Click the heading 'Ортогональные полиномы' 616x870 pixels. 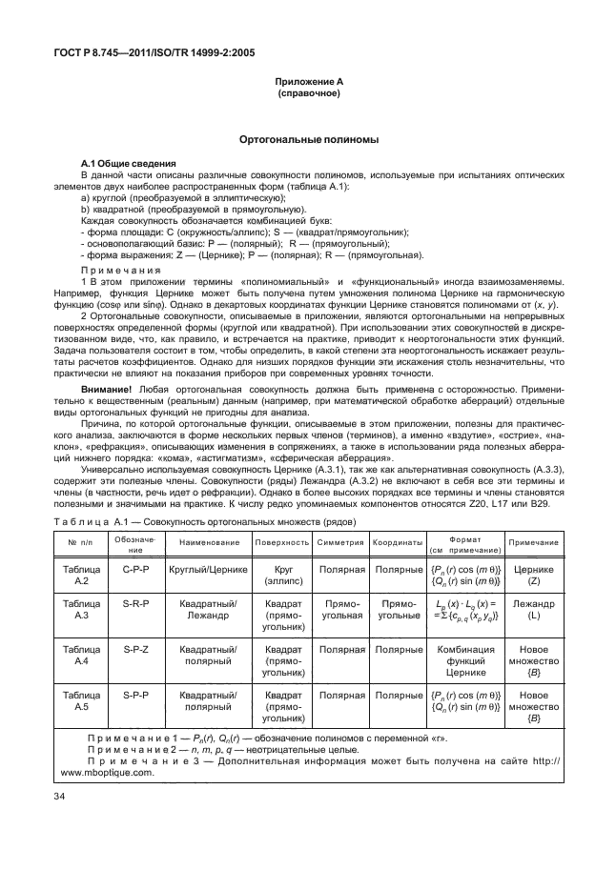tap(307, 140)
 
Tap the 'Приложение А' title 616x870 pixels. tap(307, 84)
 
